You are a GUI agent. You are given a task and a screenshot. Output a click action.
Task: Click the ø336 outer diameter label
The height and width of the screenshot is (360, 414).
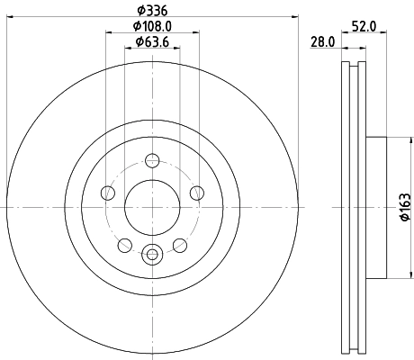pos(151,10)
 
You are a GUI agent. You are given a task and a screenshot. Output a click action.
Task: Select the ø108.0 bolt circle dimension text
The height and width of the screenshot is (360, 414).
pos(151,26)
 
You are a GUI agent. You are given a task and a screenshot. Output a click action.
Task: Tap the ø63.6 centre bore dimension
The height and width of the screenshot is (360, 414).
pos(151,41)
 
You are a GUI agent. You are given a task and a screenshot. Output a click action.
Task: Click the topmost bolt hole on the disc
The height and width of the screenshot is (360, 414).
pos(152,162)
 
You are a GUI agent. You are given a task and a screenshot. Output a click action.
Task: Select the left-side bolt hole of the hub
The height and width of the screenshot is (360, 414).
pos(109,192)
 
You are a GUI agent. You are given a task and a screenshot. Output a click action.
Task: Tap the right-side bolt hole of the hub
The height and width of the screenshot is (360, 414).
pos(195,192)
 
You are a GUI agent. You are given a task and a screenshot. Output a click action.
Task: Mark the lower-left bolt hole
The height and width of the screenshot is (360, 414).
pos(125,244)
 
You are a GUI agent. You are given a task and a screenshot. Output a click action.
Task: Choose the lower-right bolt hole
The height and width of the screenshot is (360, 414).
pos(179,244)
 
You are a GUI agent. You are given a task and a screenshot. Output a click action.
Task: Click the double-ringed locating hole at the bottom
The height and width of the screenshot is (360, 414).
pos(152,254)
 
